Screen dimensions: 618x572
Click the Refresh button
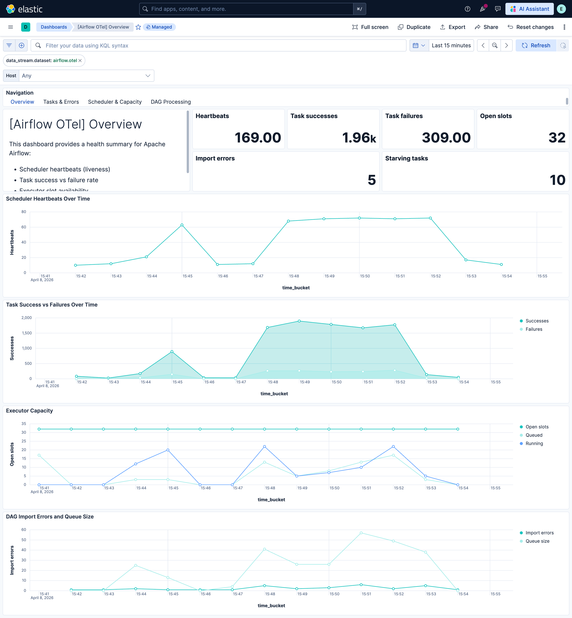536,46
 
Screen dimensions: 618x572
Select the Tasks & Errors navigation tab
61,102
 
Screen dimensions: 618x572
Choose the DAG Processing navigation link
171,102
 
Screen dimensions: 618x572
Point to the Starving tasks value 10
557,180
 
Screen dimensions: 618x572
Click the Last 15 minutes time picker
451,46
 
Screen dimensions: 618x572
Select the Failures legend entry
534,329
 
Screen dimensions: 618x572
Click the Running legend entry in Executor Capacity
534,443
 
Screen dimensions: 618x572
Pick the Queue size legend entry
537,541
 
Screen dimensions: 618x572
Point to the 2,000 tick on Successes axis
27,318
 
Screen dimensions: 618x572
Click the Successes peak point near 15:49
299,321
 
